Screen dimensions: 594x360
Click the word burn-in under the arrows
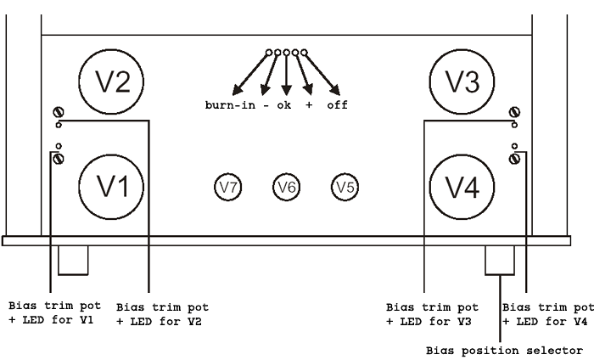(x=230, y=105)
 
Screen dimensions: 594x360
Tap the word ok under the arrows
(x=284, y=105)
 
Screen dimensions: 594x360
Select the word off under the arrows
(x=338, y=105)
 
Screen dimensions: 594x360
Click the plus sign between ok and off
(x=309, y=105)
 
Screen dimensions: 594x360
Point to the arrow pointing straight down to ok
(x=287, y=76)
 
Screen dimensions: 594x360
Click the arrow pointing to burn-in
(x=250, y=75)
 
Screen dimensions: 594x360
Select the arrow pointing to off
(x=322, y=75)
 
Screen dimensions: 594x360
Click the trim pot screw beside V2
(x=59, y=112)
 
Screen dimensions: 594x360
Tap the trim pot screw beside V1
(x=59, y=159)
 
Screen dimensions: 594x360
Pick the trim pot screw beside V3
(x=514, y=112)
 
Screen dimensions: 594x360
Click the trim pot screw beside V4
(x=514, y=159)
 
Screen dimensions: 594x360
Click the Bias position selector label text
(x=505, y=351)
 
